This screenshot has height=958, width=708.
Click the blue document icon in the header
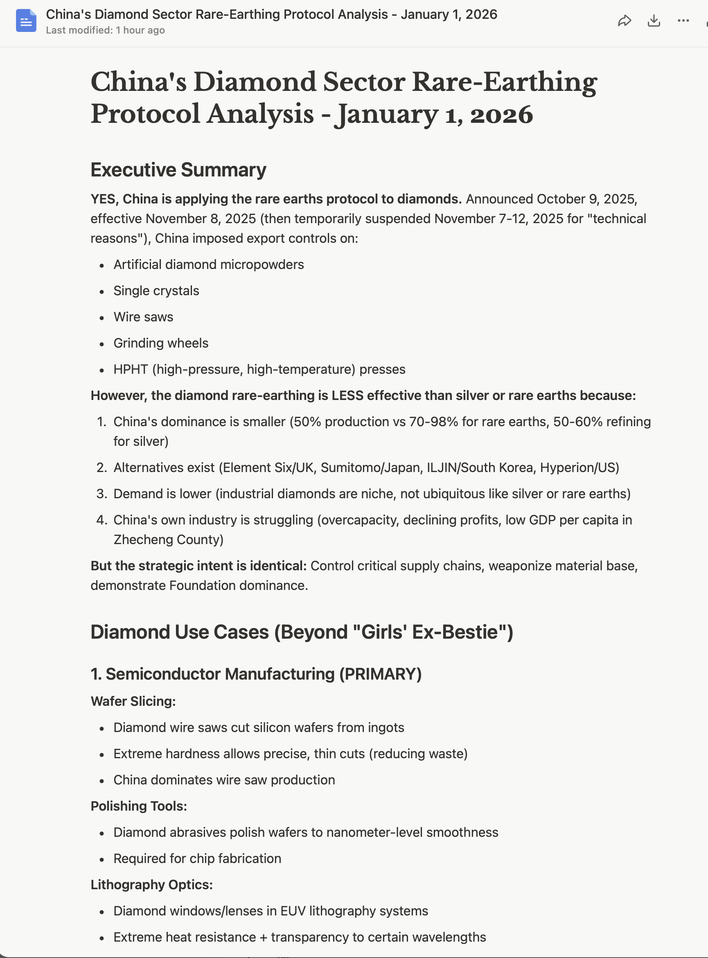click(x=26, y=20)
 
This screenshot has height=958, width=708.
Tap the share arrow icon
click(x=625, y=20)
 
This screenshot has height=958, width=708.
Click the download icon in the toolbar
click(x=654, y=20)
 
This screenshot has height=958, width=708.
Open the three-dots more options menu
click(x=683, y=20)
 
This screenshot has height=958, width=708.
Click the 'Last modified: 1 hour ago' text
click(x=105, y=30)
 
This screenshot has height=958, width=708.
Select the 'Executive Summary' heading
click(x=178, y=170)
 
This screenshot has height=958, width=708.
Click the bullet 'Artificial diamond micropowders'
click(x=208, y=264)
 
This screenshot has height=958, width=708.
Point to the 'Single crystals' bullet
click(x=156, y=291)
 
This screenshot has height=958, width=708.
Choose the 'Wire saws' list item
click(x=143, y=317)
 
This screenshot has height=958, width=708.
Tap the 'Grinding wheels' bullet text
click(x=161, y=343)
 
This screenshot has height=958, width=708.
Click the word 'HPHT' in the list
click(x=130, y=369)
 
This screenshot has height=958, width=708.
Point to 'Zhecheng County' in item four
click(x=168, y=539)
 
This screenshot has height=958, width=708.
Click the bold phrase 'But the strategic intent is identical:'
click(x=198, y=566)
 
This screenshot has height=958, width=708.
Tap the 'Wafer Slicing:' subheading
click(x=133, y=701)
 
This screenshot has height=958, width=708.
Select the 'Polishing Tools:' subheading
click(x=138, y=806)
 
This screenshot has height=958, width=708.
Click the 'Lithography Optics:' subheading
click(x=151, y=884)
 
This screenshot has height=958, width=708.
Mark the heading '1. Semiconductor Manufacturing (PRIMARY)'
click(x=256, y=674)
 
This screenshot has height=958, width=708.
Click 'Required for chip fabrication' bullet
click(x=197, y=858)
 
